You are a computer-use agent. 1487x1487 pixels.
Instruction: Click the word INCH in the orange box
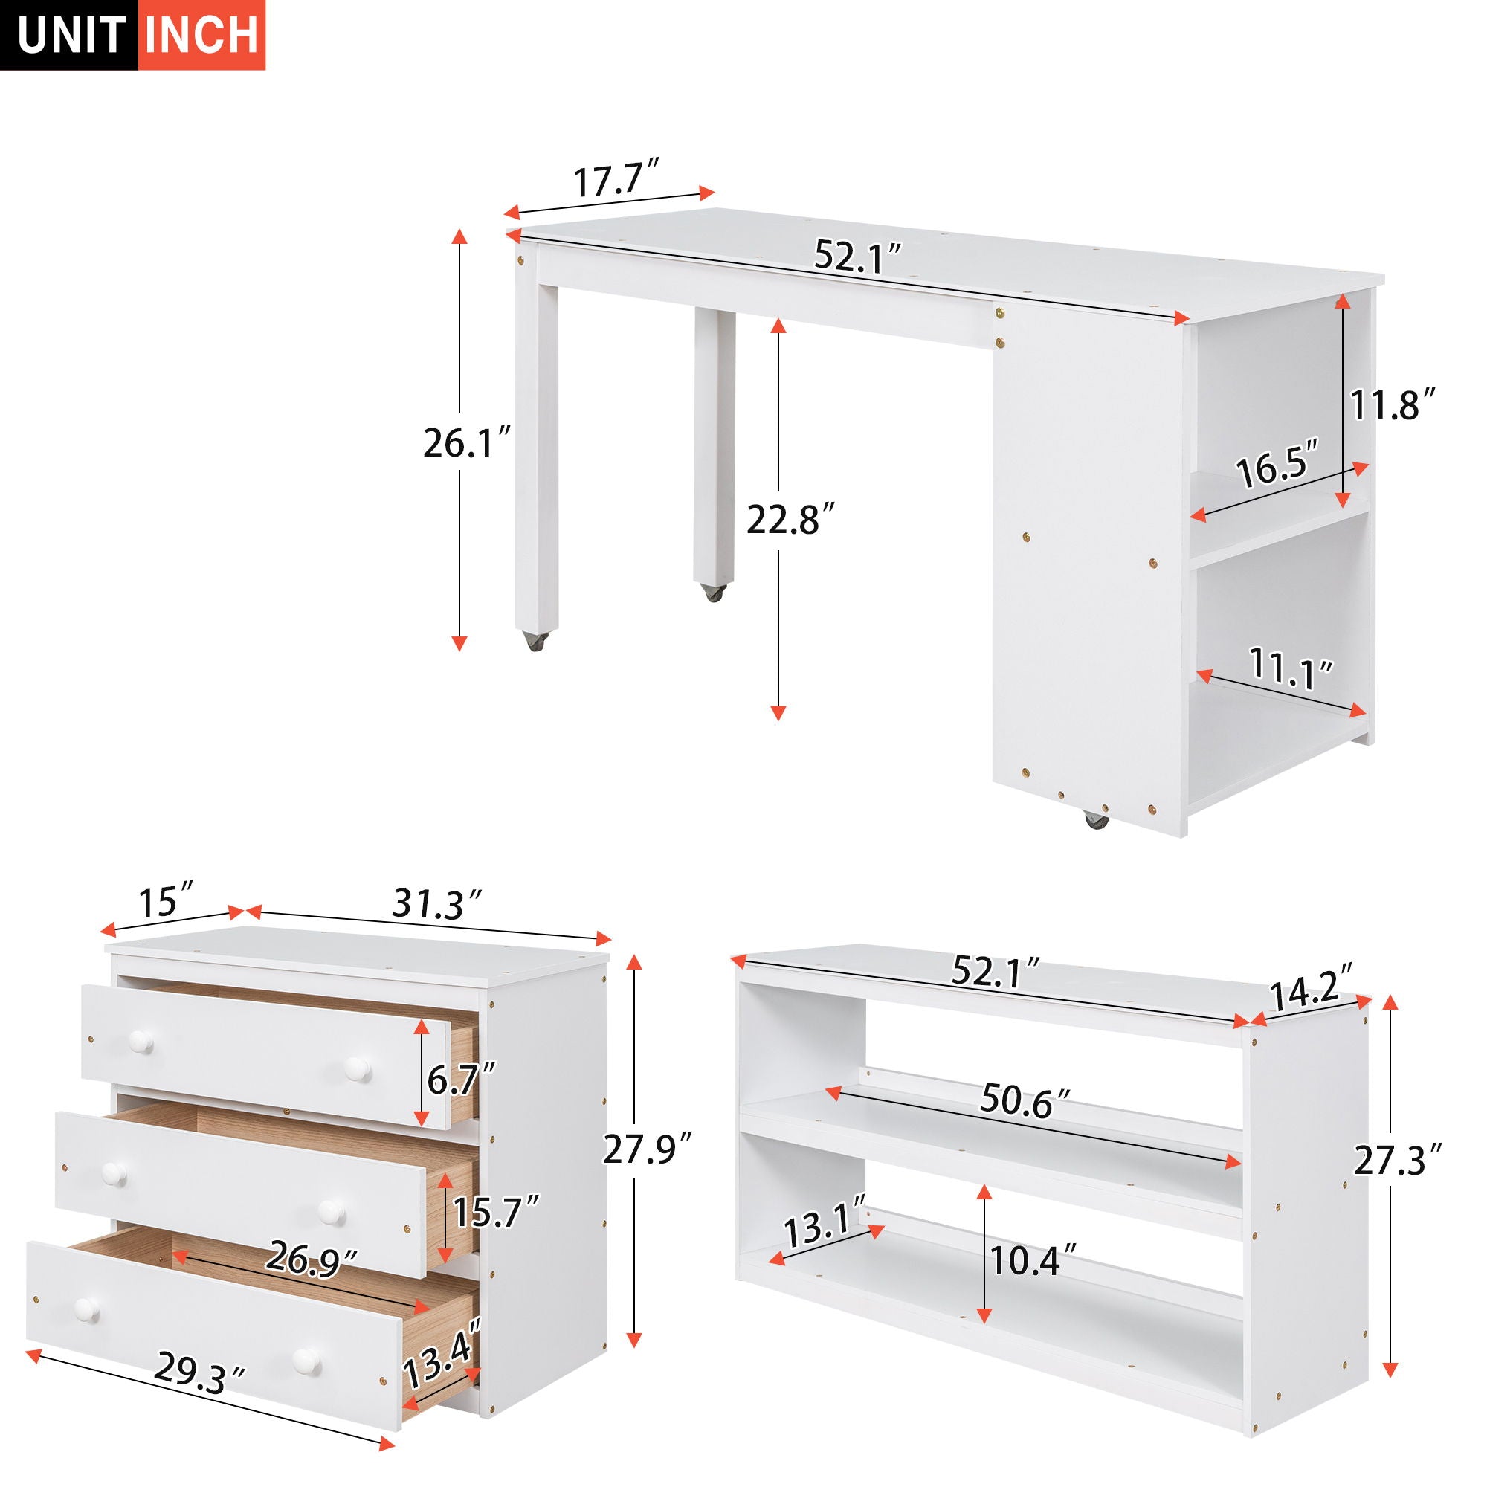pos(201,36)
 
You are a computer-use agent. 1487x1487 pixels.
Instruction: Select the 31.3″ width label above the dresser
pos(437,903)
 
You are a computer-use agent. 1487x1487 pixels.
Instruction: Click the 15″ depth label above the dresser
pos(168,901)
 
